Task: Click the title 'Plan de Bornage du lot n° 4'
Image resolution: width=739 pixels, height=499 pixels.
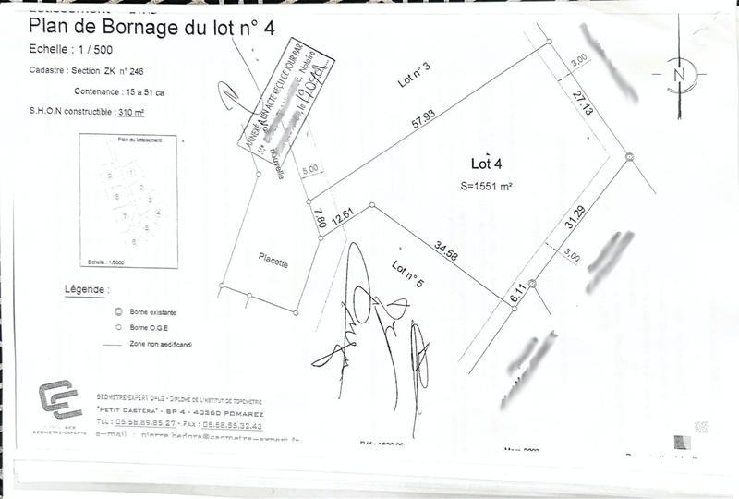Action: point(152,28)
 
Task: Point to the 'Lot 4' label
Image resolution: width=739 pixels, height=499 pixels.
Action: point(486,164)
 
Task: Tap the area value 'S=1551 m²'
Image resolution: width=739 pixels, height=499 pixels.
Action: point(486,185)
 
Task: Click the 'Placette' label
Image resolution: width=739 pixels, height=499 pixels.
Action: point(273,263)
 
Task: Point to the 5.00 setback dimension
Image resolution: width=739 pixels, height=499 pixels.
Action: point(310,170)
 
